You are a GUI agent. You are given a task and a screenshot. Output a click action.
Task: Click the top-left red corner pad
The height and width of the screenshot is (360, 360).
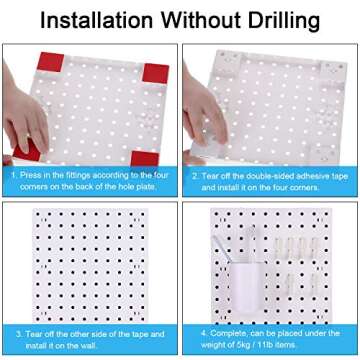[x=50, y=62]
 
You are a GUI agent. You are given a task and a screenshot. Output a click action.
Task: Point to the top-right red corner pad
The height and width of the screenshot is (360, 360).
[x=155, y=73]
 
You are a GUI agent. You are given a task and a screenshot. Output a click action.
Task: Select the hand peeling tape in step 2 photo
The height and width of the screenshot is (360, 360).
[x=205, y=110]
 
